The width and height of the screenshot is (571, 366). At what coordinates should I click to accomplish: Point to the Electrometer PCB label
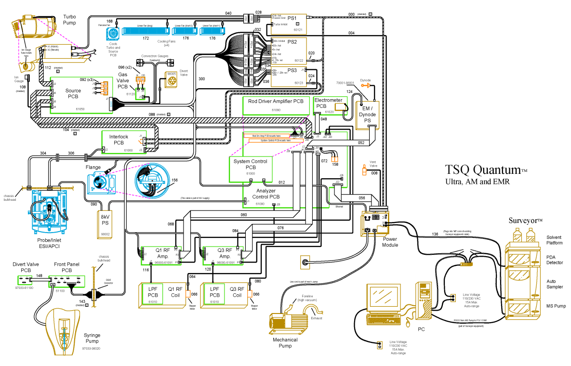click(328, 103)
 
